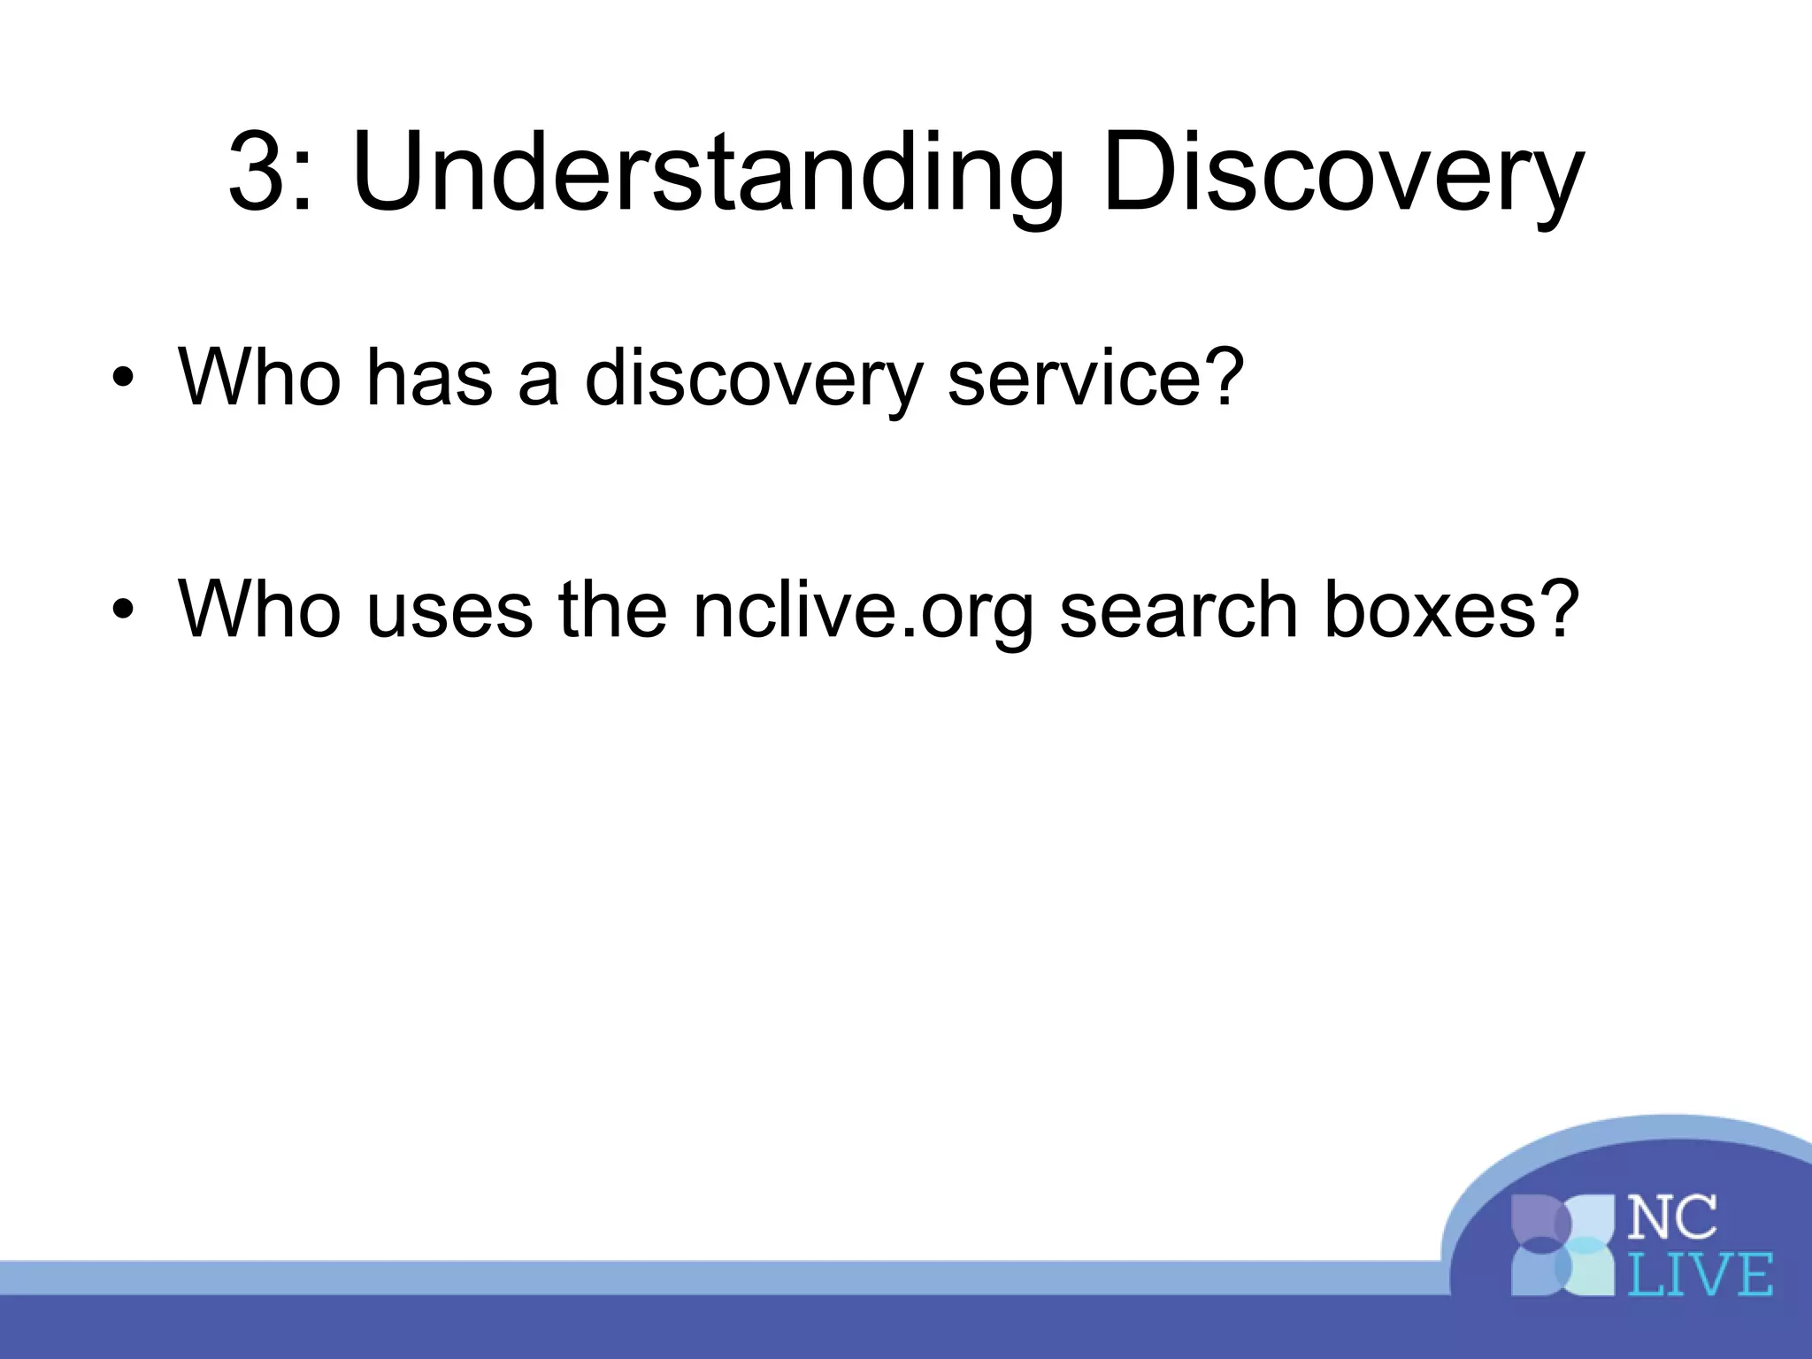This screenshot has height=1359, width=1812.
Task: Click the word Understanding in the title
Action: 707,174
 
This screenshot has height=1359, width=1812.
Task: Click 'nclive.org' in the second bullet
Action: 863,610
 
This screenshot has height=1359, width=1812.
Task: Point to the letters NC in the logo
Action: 1671,1217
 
